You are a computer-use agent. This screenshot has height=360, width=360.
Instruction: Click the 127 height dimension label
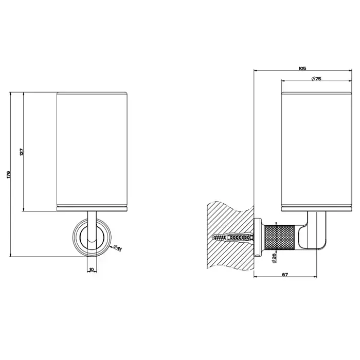22,152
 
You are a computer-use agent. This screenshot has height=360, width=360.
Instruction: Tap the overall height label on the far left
9,174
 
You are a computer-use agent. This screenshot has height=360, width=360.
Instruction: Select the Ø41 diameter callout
117,248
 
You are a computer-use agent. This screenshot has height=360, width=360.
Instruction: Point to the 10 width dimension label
92,269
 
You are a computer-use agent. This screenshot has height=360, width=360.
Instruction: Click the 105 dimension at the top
302,68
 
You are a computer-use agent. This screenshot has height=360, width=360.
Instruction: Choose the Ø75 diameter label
316,79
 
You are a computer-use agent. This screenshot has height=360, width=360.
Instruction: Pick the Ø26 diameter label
274,258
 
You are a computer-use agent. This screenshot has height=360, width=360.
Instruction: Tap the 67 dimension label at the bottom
285,274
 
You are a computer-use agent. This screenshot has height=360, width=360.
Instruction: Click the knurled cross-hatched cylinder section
280,238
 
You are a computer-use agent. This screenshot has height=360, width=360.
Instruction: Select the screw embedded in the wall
233,238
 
